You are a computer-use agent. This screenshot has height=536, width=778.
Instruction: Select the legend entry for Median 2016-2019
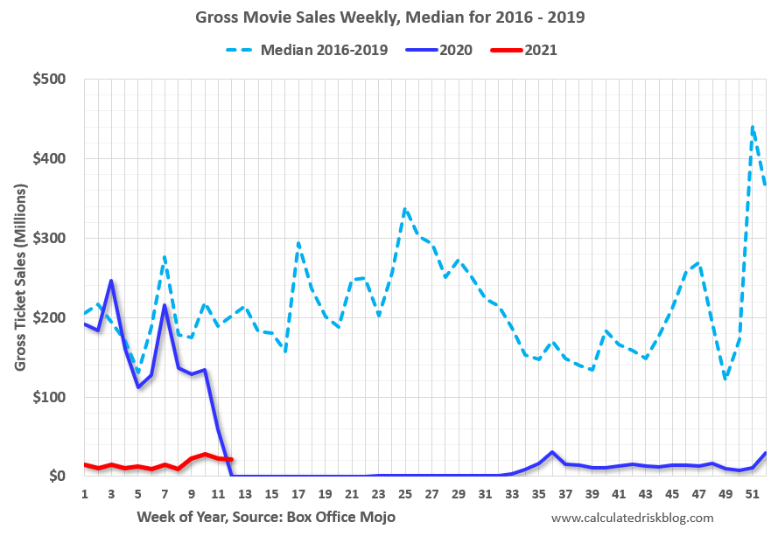[x=325, y=49]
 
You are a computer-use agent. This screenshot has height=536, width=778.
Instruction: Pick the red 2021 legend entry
[x=540, y=49]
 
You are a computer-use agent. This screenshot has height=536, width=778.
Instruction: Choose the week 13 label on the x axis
[x=245, y=494]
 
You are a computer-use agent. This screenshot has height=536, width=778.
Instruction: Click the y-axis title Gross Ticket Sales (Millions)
[x=20, y=278]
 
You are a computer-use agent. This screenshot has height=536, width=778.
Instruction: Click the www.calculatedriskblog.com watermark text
[x=632, y=518]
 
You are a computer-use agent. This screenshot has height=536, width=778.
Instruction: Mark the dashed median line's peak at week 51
[x=753, y=127]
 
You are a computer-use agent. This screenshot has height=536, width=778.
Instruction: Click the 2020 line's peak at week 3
[x=111, y=281]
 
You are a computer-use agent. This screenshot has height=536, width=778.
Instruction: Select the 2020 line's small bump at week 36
[x=552, y=452]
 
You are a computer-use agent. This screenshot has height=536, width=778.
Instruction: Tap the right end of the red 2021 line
[x=231, y=459]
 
